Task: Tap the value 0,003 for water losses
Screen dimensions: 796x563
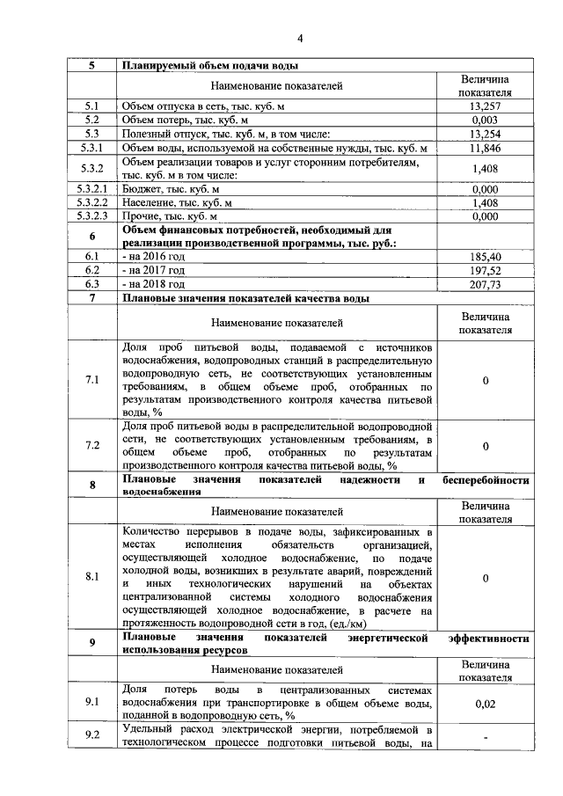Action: [486, 120]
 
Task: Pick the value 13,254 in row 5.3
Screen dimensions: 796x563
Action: [486, 134]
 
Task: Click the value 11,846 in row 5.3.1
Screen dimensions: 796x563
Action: [486, 148]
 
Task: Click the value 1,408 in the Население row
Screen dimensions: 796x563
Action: [486, 202]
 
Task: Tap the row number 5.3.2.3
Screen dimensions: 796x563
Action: [91, 215]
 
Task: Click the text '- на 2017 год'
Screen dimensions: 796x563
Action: [154, 271]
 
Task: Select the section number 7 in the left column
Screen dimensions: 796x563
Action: [91, 298]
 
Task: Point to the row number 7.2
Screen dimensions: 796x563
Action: [91, 446]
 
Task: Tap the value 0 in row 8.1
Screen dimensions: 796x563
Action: [486, 578]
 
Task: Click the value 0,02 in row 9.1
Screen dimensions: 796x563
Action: [486, 704]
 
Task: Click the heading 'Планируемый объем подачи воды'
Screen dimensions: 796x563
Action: [210, 66]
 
